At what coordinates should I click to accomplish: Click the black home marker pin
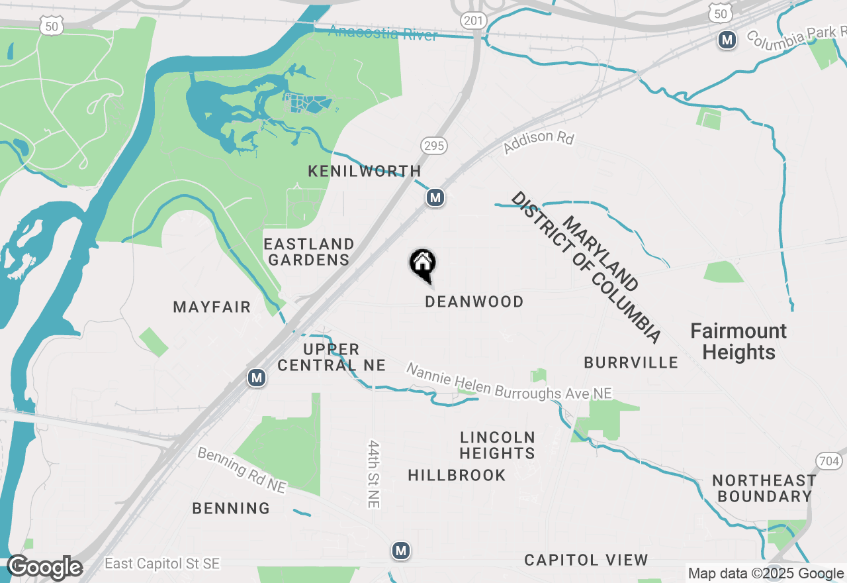(423, 265)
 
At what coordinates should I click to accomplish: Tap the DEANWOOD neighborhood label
(474, 301)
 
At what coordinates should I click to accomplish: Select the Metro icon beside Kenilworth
(435, 197)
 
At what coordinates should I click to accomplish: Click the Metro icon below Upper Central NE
(257, 378)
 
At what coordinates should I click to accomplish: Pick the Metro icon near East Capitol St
(400, 550)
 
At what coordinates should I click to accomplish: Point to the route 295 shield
(433, 146)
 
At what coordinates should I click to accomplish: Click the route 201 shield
(474, 21)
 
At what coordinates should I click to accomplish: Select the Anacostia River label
(382, 32)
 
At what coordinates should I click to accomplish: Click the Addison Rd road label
(539, 142)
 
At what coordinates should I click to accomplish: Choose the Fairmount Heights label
(738, 341)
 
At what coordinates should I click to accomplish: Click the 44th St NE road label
(375, 474)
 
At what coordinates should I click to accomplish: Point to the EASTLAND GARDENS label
(308, 252)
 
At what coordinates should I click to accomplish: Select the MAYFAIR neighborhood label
(212, 307)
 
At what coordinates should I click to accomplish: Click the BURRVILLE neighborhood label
(631, 362)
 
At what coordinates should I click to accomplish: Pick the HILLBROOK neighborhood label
(457, 475)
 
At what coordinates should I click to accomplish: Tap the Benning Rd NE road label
(242, 470)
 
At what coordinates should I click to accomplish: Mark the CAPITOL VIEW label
(586, 560)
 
